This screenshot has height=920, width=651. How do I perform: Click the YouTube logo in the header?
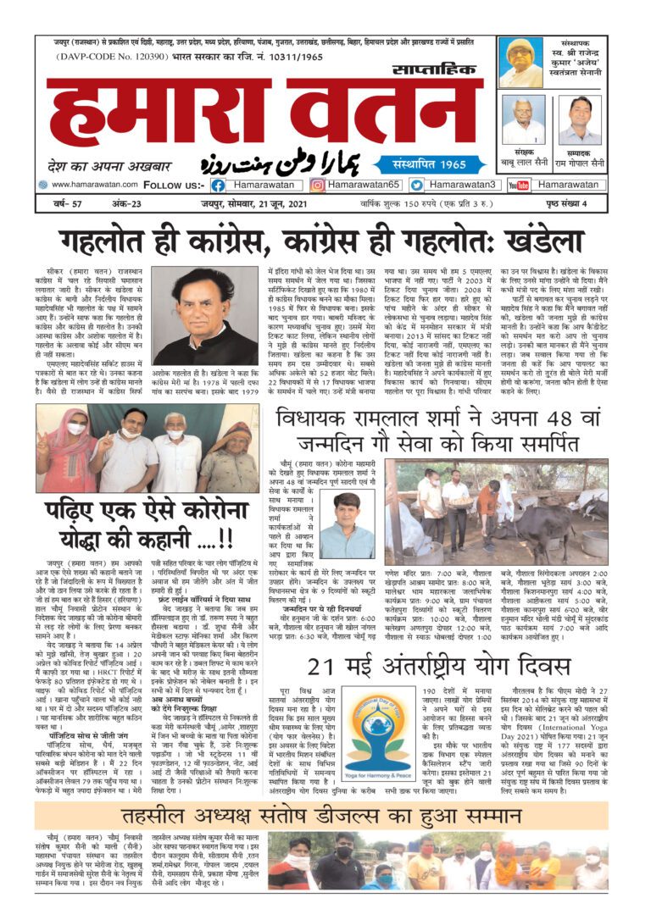click(x=519, y=185)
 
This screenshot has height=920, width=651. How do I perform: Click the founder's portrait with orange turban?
click(x=521, y=62)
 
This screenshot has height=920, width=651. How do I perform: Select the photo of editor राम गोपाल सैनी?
click(x=580, y=119)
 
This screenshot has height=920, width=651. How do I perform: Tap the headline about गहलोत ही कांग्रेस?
click(x=325, y=241)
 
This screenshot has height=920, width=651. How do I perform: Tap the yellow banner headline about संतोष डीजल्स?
click(x=325, y=814)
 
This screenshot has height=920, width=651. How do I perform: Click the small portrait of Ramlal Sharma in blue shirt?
click(x=347, y=525)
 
